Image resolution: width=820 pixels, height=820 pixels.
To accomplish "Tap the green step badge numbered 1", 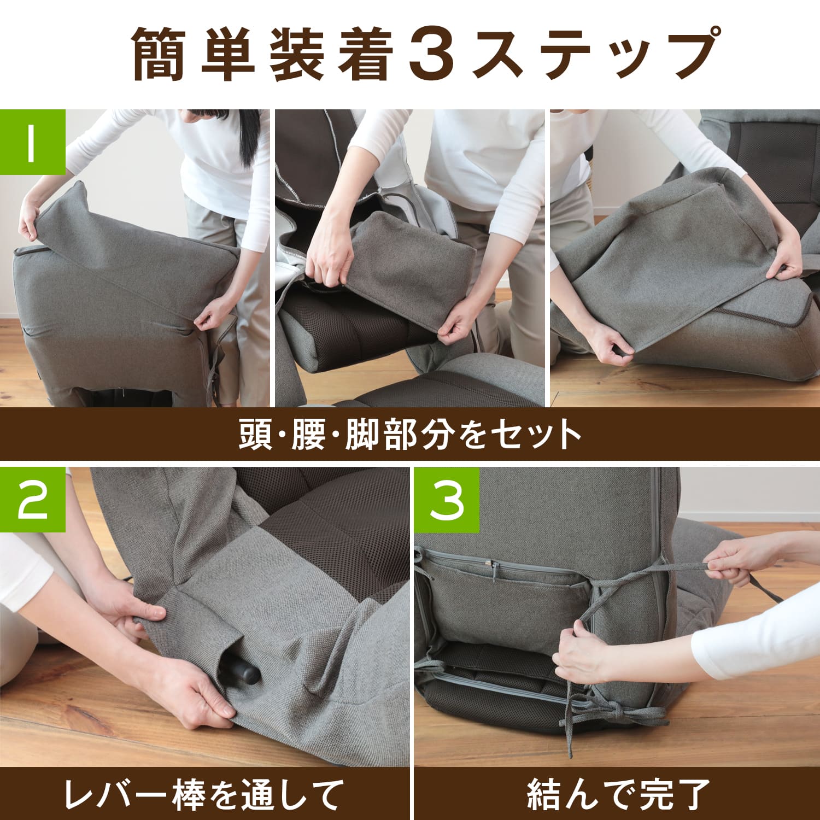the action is pyautogui.click(x=33, y=142).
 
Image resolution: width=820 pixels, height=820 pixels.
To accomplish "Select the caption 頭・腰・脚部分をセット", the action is pyautogui.click(x=410, y=435).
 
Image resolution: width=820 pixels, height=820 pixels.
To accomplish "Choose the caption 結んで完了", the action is pyautogui.click(x=618, y=794).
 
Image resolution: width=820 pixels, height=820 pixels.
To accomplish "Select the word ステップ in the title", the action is pyautogui.click(x=593, y=54).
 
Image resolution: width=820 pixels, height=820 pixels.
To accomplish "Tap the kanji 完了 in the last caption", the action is pyautogui.click(x=673, y=794).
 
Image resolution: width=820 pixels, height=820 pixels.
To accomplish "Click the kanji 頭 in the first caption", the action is pyautogui.click(x=256, y=435).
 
